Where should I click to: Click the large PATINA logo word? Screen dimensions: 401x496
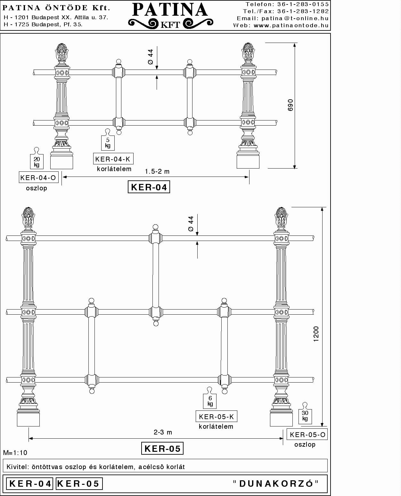pos(170,10)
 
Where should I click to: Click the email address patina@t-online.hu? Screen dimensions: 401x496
pos(295,18)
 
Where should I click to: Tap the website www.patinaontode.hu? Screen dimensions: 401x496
pos(291,25)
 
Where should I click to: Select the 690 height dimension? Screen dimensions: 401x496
pos(290,105)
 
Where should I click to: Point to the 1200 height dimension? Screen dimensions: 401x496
pos(316,334)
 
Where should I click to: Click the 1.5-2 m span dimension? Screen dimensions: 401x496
pos(157,172)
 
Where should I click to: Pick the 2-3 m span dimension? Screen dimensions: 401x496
pos(163,433)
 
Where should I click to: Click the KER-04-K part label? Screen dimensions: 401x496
pos(113,159)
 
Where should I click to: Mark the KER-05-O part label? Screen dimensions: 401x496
pos(307,435)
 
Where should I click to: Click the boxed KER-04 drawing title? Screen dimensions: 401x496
pos(149,187)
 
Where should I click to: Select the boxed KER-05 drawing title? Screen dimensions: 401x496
pos(162,449)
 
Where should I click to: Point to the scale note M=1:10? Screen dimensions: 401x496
pos(15,453)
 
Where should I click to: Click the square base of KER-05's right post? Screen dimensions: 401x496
pos(281,419)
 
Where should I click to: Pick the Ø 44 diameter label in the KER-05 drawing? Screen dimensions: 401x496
pos(191,224)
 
